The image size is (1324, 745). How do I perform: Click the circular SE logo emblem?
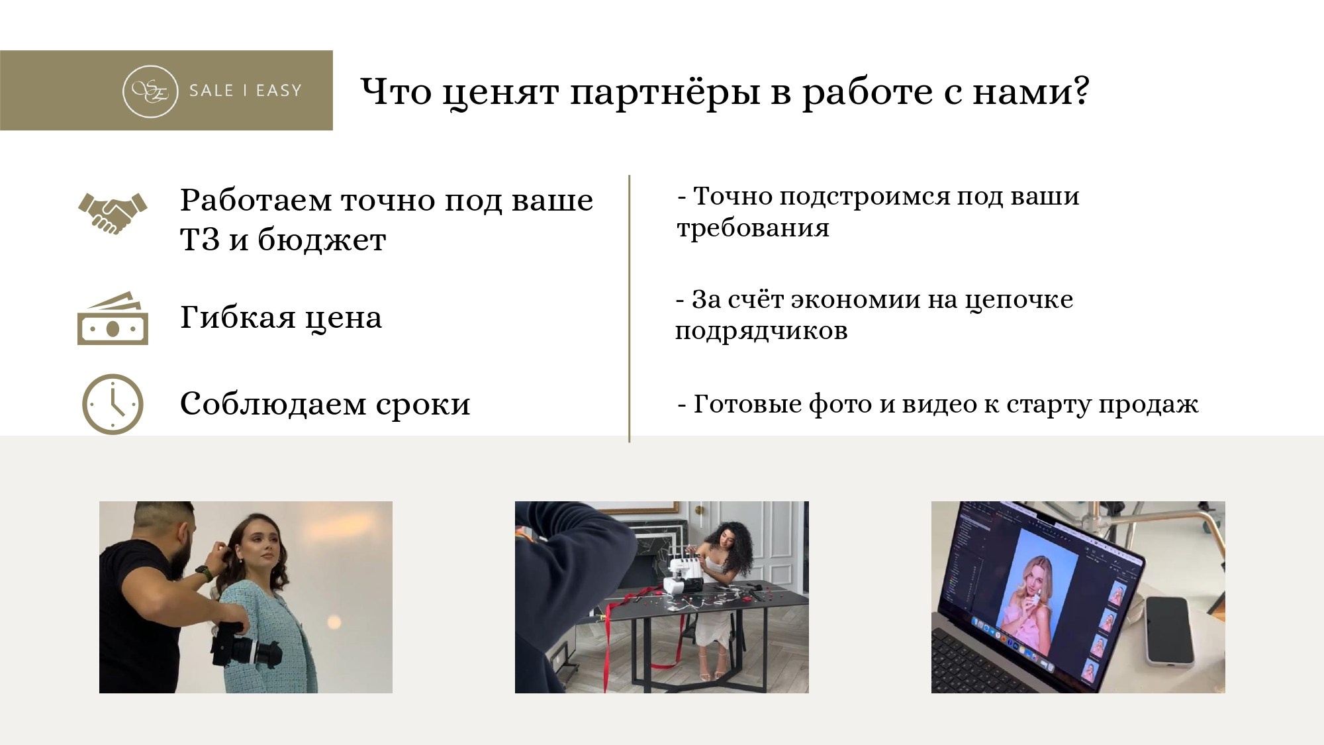(150, 91)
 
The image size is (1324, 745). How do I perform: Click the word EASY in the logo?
(279, 91)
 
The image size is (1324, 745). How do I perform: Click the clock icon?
(113, 404)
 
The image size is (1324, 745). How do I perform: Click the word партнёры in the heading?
(665, 93)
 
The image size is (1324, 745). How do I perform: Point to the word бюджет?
(321, 240)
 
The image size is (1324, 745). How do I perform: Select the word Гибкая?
(238, 318)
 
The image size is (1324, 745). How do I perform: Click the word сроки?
(423, 404)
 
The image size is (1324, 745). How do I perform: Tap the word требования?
(753, 228)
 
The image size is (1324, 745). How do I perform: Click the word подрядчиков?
(761, 331)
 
